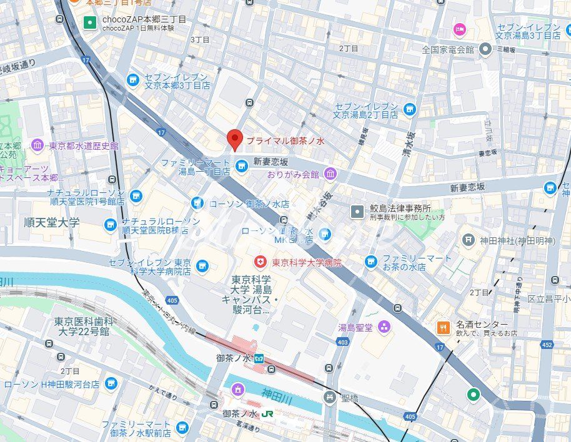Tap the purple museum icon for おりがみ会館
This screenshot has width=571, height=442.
[330, 174]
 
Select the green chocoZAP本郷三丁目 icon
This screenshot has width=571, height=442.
[90, 23]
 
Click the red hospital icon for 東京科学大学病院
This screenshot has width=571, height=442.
[258, 262]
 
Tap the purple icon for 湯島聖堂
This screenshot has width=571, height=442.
[383, 326]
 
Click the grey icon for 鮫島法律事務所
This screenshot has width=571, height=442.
[357, 212]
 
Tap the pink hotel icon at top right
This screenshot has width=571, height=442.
[460, 29]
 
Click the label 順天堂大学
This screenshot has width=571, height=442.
[52, 222]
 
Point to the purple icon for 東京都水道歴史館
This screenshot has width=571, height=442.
[37, 145]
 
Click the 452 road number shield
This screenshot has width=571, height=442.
[547, 344]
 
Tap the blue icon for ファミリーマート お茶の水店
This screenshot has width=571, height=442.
[372, 260]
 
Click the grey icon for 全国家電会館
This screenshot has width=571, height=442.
[484, 49]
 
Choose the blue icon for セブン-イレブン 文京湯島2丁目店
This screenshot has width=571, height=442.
[409, 110]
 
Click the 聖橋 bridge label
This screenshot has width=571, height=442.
[349, 398]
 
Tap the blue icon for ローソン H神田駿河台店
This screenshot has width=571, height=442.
[111, 384]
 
